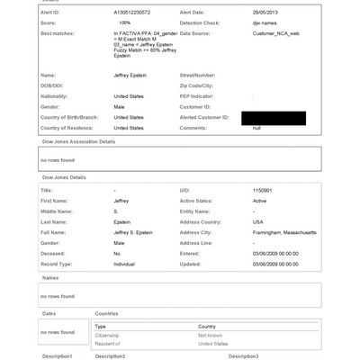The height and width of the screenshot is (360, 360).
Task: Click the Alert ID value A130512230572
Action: (x=133, y=13)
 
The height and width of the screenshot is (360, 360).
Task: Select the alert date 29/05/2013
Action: (x=265, y=13)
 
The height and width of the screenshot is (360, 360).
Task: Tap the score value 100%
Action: (x=125, y=22)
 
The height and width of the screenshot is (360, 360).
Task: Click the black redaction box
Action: (x=280, y=118)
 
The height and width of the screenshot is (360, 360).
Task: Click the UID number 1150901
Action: (x=263, y=191)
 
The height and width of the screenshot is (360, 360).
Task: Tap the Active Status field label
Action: (x=198, y=201)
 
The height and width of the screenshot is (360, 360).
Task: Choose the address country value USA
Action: (x=257, y=221)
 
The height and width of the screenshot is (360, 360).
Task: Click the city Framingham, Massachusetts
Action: (x=284, y=232)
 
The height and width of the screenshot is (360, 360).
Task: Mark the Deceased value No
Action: (x=117, y=253)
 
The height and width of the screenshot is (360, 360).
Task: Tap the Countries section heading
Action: (x=108, y=312)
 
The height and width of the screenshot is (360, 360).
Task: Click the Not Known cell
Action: (x=211, y=333)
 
